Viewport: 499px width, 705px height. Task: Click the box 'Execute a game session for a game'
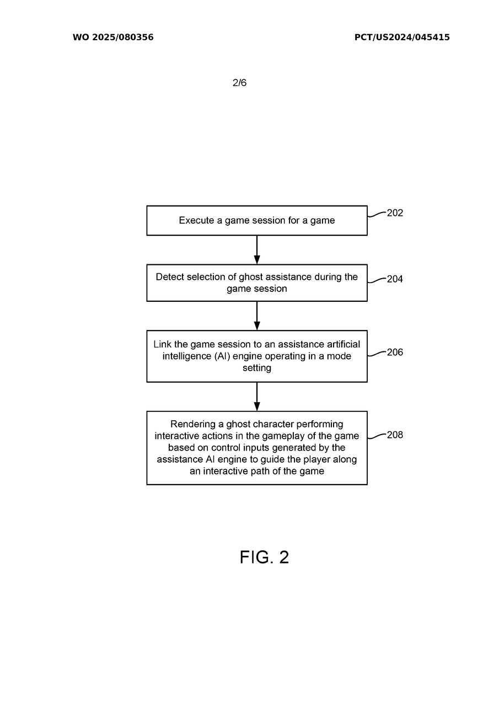256,220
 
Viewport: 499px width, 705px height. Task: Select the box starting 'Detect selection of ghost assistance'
256,283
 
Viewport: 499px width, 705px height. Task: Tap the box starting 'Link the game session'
256,356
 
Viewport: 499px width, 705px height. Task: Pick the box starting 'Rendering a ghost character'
256,447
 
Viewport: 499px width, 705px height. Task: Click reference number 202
395,213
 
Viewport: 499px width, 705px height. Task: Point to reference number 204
395,279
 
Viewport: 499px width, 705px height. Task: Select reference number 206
395,352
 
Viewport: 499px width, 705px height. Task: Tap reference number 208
395,435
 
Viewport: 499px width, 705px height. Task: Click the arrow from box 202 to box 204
257,250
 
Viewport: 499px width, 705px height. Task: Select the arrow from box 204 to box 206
257,316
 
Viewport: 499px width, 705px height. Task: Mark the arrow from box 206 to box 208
257,397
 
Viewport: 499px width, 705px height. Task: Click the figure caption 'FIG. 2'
264,557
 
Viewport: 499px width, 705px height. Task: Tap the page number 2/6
239,83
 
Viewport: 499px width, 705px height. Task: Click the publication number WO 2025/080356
113,37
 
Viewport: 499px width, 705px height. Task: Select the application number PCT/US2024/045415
402,37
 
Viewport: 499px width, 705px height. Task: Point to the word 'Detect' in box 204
170,277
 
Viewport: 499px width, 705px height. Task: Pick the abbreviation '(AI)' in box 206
218,356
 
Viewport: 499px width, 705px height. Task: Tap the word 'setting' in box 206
257,368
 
